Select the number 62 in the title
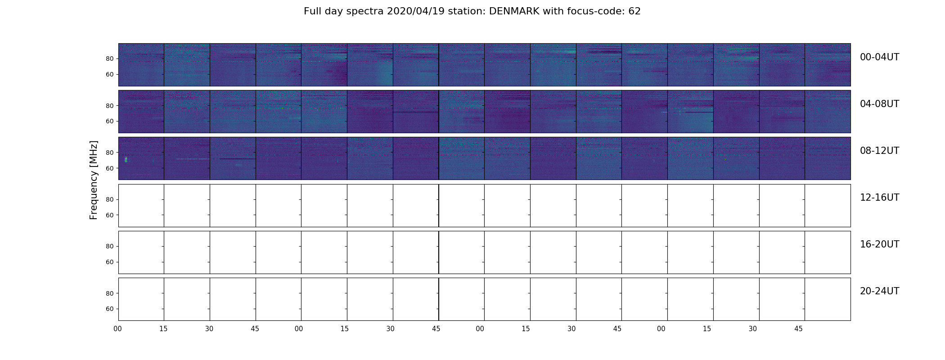pyautogui.click(x=634, y=11)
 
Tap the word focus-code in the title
pyautogui.click(x=594, y=11)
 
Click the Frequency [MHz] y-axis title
pyautogui.click(x=94, y=180)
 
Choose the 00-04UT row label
pyautogui.click(x=879, y=57)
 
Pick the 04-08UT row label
pyautogui.click(x=879, y=104)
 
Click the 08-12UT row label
pyautogui.click(x=879, y=151)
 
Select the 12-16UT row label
pyautogui.click(x=879, y=198)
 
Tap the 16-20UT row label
pyautogui.click(x=879, y=244)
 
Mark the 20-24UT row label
pyautogui.click(x=879, y=291)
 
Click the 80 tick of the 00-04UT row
pyautogui.click(x=109, y=59)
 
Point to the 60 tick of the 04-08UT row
pyautogui.click(x=109, y=121)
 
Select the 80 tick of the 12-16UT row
pyautogui.click(x=109, y=200)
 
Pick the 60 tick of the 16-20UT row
pyautogui.click(x=109, y=262)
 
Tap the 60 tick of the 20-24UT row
pyautogui.click(x=109, y=309)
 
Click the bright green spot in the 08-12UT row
pyautogui.click(x=126, y=159)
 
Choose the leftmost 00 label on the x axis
pyautogui.click(x=118, y=329)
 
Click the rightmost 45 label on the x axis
pyautogui.click(x=798, y=329)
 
